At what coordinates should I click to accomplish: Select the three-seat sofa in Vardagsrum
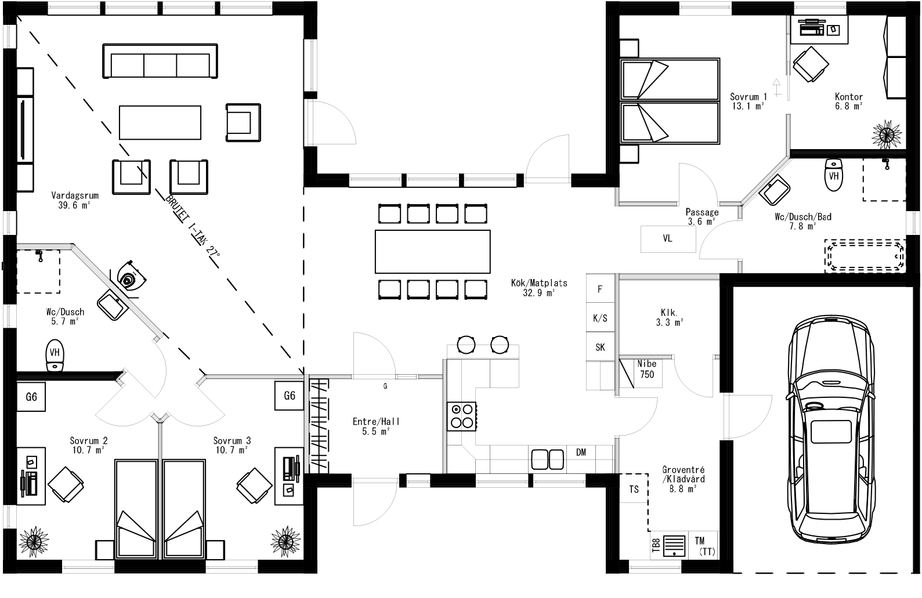(x=160, y=60)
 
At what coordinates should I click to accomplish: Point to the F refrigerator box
(x=600, y=289)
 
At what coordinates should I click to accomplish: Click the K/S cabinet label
(x=600, y=318)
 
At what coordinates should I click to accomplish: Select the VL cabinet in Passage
(x=668, y=238)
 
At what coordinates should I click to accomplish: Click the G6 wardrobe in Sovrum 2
(x=31, y=397)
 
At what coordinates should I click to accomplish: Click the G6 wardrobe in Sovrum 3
(x=290, y=396)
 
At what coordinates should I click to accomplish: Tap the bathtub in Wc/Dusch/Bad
(x=865, y=255)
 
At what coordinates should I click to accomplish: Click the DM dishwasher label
(x=581, y=452)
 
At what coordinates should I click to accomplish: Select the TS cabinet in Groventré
(x=634, y=489)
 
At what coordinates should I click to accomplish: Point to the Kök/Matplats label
(x=539, y=288)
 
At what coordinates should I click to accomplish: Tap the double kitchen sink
(x=548, y=459)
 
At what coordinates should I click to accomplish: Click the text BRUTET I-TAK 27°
(x=193, y=231)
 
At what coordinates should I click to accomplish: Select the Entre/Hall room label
(x=376, y=426)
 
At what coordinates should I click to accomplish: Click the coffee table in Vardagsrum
(x=160, y=122)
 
